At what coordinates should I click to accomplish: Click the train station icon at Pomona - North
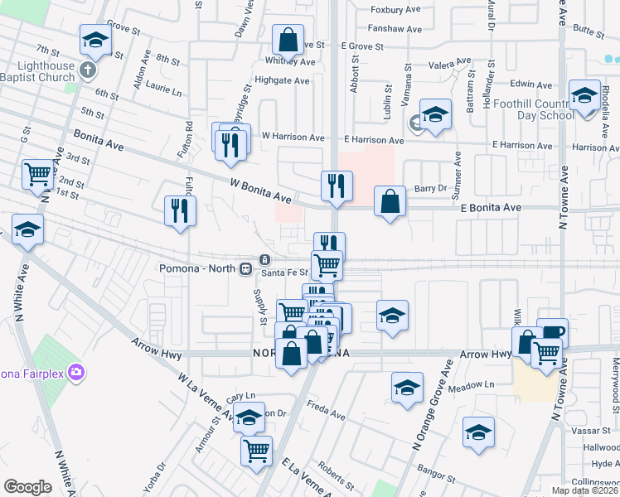click(245, 268)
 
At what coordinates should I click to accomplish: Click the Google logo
click(27, 487)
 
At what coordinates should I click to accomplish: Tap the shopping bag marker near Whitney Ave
click(287, 39)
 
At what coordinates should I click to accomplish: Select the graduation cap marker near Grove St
click(95, 41)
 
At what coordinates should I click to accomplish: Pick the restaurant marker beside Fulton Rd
click(180, 210)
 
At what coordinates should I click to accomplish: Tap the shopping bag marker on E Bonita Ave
click(390, 201)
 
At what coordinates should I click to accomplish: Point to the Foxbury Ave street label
click(396, 10)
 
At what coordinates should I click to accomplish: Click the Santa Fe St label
click(284, 273)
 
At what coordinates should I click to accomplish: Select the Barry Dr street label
click(431, 189)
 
